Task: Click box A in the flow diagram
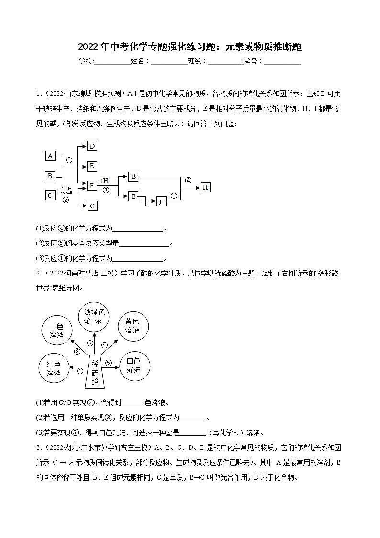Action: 50,156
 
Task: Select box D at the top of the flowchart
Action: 92,146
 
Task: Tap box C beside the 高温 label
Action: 50,195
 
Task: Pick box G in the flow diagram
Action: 92,206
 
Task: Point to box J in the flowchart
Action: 161,202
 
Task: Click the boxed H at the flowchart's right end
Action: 205,187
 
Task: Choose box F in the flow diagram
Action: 92,185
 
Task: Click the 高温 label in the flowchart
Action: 66,191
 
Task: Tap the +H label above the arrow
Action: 104,181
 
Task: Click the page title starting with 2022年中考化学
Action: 190,47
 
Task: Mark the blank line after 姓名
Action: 168,61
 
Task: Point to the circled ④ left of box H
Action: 188,181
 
